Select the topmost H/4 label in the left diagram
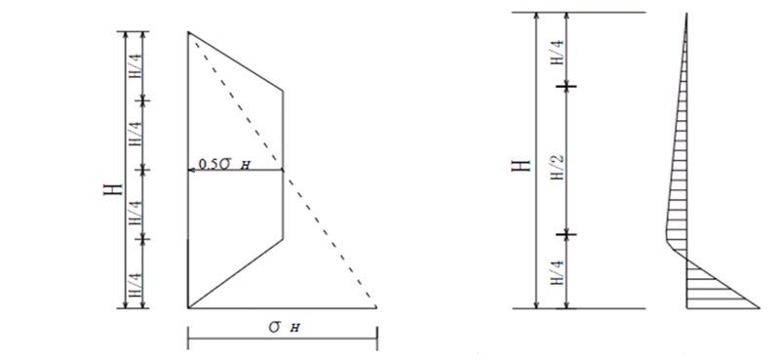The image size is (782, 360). pos(136,66)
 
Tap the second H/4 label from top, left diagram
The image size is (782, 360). pos(136,134)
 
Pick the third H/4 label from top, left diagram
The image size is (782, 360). pos(136,213)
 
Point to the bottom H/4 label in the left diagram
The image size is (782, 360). pos(136,285)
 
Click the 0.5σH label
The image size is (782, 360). pos(224,164)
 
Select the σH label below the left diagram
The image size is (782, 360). pos(285,327)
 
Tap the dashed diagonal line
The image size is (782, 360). pos(282,170)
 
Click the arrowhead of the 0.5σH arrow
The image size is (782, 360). pos(191,170)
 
